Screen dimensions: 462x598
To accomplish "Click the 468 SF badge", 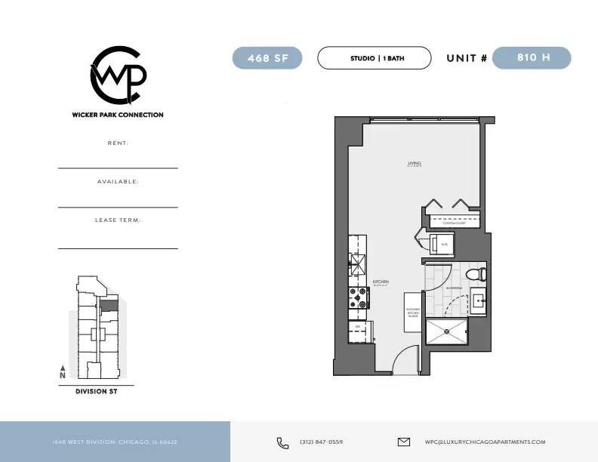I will click(267, 58).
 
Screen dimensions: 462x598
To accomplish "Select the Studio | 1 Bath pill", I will click(374, 58).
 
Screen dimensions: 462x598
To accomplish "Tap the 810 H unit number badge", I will click(532, 58).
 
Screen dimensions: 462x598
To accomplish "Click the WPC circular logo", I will click(118, 75).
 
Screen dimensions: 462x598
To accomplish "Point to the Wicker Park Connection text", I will click(118, 115).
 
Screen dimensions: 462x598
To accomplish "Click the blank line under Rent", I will click(118, 167).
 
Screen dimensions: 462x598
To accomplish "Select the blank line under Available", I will click(118, 206).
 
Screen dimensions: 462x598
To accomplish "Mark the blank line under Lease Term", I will click(118, 248).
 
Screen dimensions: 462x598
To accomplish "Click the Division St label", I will click(96, 392).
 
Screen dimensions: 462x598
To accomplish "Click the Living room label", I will click(414, 164).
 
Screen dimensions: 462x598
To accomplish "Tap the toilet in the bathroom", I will click(476, 274).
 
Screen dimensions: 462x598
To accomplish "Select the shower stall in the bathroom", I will click(446, 332).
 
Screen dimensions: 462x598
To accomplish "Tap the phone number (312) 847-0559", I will click(321, 442).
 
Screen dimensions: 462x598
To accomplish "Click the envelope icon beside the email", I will click(403, 442).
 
